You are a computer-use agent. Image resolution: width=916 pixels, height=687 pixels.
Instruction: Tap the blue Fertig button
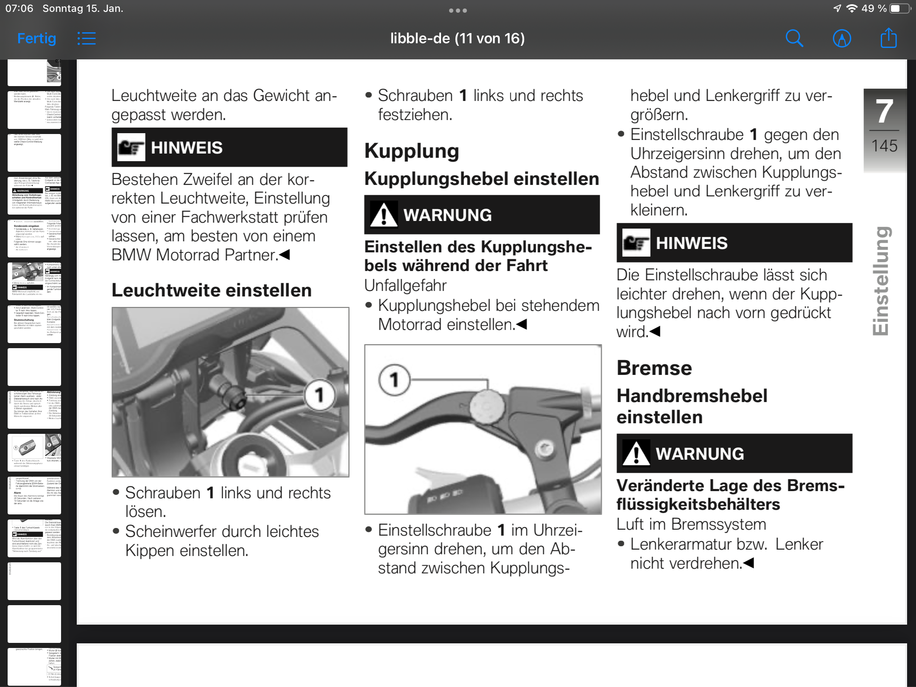(36, 39)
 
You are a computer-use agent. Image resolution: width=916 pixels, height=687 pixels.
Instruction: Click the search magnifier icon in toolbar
(794, 39)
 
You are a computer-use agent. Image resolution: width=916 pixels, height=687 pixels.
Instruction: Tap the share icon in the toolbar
(888, 38)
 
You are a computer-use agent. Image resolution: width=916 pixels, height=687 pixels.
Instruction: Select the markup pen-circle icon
(842, 39)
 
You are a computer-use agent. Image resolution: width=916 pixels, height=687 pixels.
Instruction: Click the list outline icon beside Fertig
(87, 39)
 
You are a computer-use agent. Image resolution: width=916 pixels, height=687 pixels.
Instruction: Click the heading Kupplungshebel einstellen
(481, 179)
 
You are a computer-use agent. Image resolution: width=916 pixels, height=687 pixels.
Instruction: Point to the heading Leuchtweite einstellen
(211, 290)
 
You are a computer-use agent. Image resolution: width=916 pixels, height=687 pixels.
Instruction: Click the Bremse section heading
(654, 368)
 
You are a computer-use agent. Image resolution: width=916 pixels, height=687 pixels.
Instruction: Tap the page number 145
(884, 146)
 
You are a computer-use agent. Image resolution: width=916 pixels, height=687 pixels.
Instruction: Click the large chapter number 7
(884, 112)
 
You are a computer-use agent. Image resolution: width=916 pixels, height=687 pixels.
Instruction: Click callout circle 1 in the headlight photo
(319, 395)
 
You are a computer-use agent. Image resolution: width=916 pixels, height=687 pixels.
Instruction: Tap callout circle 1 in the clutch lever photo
(394, 380)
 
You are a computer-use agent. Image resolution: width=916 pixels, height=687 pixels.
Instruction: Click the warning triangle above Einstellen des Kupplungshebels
(383, 215)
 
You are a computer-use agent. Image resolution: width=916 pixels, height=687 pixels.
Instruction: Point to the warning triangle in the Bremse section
(636, 454)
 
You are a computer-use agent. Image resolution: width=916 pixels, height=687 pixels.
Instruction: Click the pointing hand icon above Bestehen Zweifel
(131, 148)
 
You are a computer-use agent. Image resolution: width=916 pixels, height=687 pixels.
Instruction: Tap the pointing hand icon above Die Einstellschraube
(636, 243)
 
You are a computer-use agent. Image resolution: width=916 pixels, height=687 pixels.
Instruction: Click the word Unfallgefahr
(405, 286)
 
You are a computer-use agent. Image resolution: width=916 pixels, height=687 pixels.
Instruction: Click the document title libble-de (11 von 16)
(457, 39)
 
